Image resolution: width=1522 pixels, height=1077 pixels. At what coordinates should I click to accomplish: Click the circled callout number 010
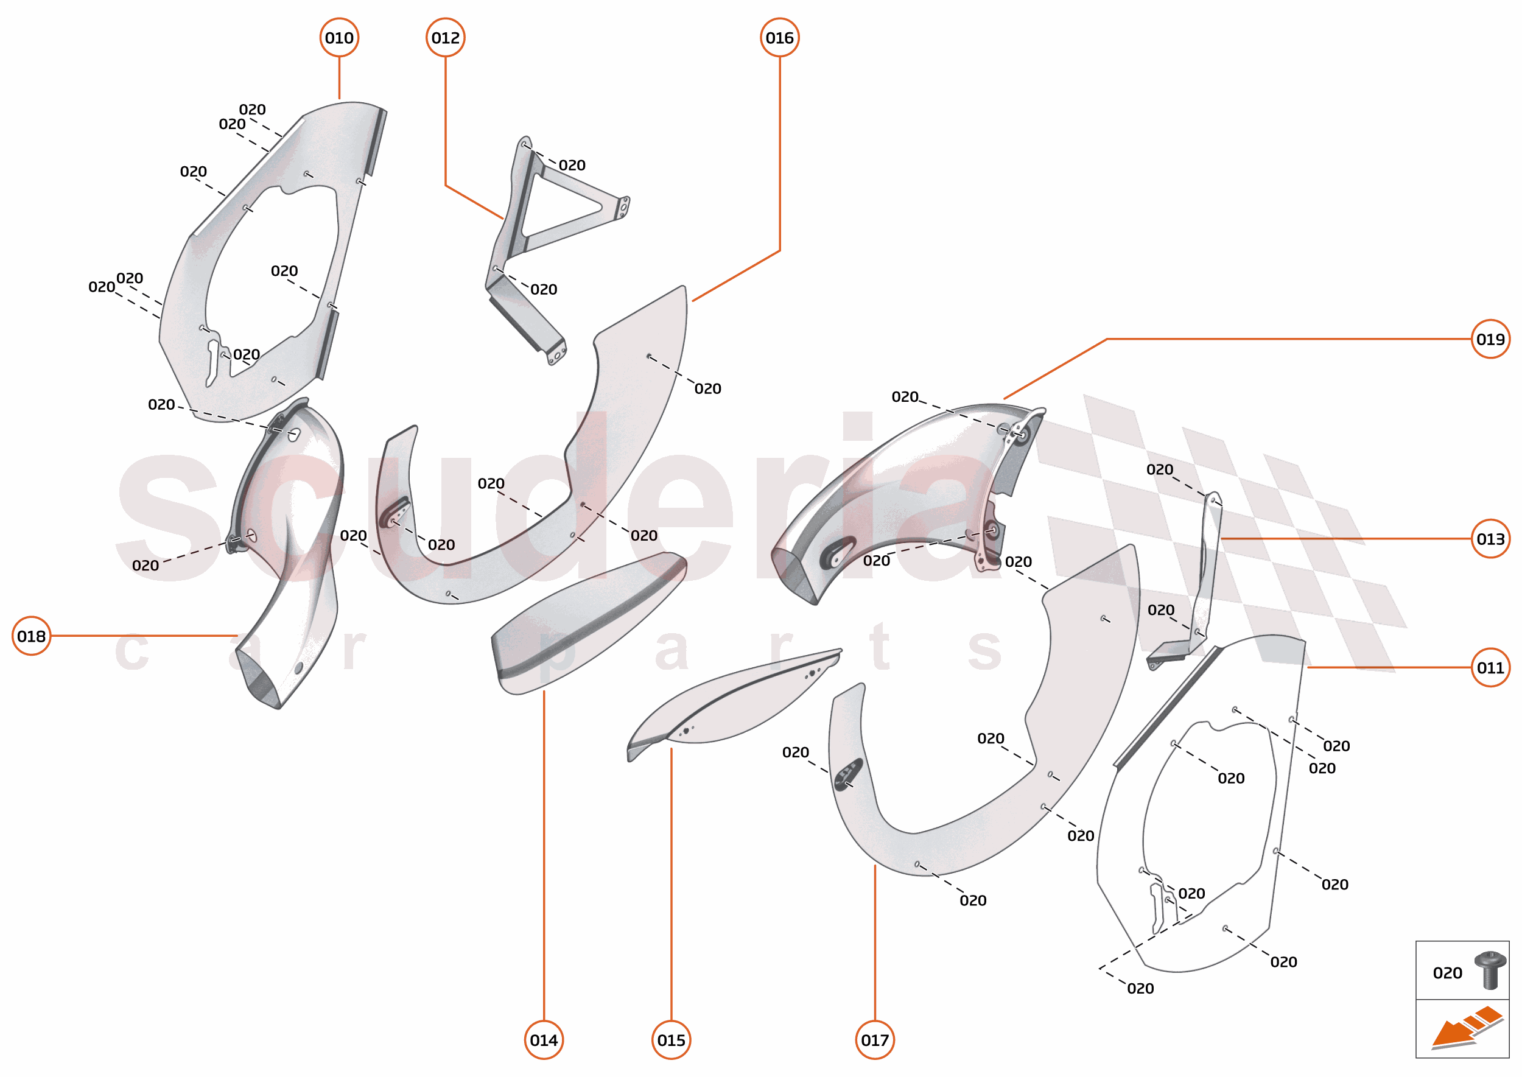click(339, 38)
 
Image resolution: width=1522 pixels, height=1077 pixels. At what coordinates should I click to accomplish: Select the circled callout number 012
click(445, 38)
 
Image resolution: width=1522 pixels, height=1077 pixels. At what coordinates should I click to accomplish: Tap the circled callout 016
click(779, 38)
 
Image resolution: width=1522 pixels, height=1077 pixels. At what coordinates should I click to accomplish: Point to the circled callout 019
click(1490, 340)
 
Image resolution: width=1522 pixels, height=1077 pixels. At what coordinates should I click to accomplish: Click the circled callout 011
click(1490, 668)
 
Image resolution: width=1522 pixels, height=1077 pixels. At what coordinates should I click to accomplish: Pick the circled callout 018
click(31, 636)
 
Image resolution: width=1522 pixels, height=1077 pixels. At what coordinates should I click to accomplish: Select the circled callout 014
click(544, 1040)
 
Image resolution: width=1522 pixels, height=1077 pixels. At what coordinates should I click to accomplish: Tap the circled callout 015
click(671, 1040)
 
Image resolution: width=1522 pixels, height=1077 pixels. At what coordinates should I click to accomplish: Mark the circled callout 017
click(875, 1040)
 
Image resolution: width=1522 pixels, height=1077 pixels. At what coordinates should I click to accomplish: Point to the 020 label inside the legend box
click(1447, 974)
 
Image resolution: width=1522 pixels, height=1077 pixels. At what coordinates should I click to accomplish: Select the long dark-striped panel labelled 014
click(584, 623)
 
